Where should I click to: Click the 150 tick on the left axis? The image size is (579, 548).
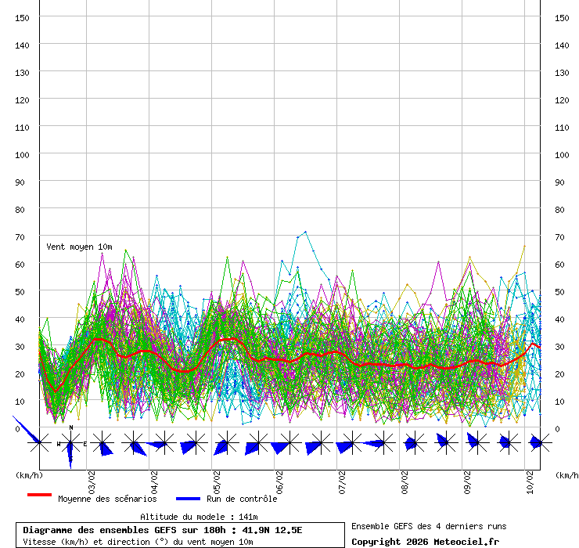[x=23, y=17]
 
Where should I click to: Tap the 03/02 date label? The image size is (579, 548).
[x=92, y=479]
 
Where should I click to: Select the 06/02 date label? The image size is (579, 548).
[x=279, y=479]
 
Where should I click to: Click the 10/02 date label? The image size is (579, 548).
[x=530, y=479]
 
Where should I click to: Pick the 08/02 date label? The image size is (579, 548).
[x=405, y=479]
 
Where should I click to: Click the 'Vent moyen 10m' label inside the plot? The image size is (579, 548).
[x=79, y=247]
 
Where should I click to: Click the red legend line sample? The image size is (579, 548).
[x=39, y=496]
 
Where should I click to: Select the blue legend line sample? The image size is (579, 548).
[x=188, y=499]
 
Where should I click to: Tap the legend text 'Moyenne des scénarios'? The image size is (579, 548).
[x=107, y=499]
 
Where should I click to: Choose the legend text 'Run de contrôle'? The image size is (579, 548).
[x=242, y=499]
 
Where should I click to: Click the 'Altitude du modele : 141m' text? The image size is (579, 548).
[x=199, y=517]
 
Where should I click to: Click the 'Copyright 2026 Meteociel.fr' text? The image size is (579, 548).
[x=425, y=541]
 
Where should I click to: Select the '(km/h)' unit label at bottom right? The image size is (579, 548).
[x=568, y=474]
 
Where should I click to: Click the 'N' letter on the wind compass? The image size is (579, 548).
[x=71, y=427]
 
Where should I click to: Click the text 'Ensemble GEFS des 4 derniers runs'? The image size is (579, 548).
[x=429, y=526]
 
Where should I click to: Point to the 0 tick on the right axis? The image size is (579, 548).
[x=557, y=428]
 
